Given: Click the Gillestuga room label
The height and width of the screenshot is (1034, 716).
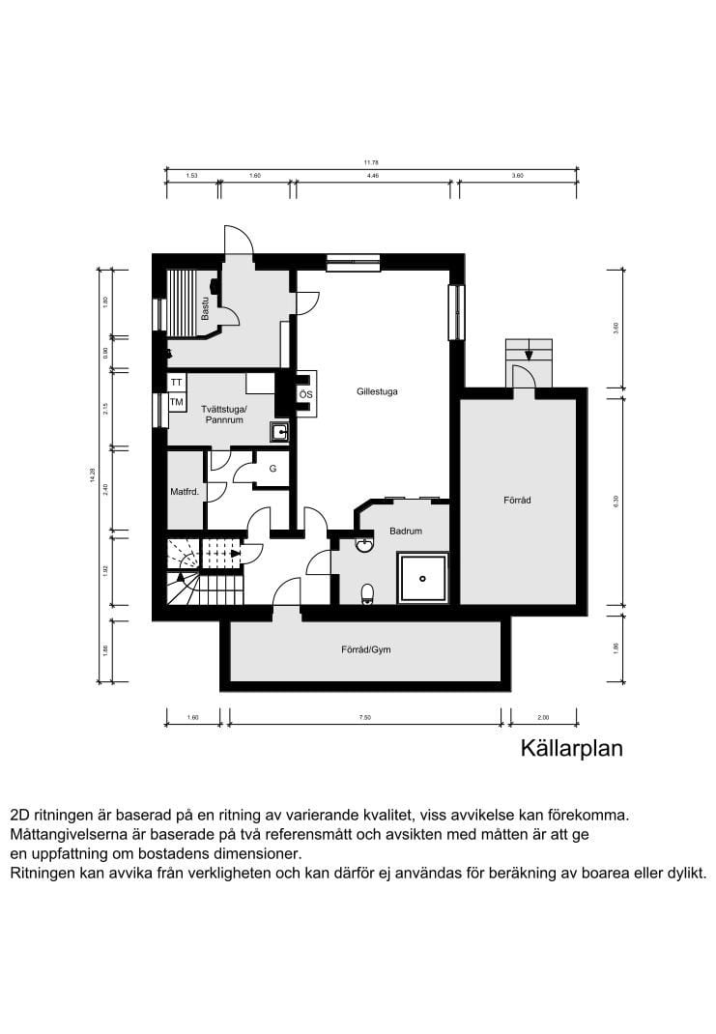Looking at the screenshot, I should (x=376, y=392).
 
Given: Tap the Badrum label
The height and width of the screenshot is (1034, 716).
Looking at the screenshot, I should (x=405, y=531).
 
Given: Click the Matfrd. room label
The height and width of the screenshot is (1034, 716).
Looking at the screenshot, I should (x=184, y=492).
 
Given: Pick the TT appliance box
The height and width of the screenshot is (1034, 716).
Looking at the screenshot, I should (x=177, y=383).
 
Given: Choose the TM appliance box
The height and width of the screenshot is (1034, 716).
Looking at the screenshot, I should (x=177, y=401).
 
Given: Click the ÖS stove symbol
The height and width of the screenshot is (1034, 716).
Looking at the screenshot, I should (x=305, y=395).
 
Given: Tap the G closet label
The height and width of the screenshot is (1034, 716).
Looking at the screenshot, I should (x=273, y=469).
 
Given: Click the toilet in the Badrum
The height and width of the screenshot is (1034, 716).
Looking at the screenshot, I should (x=366, y=592).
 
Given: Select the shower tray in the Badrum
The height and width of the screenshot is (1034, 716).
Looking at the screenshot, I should (x=423, y=578).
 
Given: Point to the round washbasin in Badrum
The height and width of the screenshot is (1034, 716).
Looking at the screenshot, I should (x=364, y=545).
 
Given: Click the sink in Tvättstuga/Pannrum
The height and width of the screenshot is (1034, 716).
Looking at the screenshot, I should (x=279, y=432).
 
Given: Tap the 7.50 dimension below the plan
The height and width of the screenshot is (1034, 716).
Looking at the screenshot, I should (x=364, y=717).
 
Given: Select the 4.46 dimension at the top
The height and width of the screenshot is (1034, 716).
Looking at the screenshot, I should (x=372, y=177).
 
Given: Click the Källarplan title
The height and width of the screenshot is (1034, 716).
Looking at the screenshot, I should (x=572, y=748).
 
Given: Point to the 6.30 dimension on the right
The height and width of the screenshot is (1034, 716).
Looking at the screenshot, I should (x=615, y=500).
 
